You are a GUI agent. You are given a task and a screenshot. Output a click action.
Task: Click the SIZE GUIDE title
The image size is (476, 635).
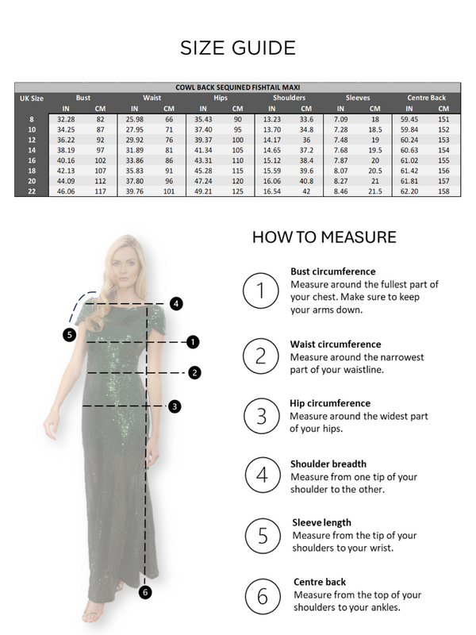pyautogui.click(x=238, y=48)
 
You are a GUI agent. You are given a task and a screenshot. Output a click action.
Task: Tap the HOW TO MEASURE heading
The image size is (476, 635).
pyautogui.click(x=324, y=237)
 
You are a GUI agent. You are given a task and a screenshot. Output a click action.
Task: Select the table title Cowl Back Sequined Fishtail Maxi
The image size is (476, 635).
pyautogui.click(x=238, y=87)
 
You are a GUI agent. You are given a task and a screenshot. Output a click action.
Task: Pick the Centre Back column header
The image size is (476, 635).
pyautogui.click(x=426, y=98)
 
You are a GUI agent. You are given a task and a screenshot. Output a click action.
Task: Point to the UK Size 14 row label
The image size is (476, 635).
pyautogui.click(x=32, y=149)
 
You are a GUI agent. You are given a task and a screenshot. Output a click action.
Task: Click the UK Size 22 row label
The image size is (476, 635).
pyautogui.click(x=32, y=191)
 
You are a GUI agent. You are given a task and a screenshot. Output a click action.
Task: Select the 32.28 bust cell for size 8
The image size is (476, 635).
pyautogui.click(x=67, y=118)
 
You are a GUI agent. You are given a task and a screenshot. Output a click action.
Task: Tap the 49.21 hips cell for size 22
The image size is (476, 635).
pyautogui.click(x=203, y=191)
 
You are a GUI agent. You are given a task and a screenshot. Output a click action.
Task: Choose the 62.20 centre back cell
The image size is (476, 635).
pyautogui.click(x=409, y=191)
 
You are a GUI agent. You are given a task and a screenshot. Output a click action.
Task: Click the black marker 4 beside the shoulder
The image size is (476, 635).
pyautogui.click(x=176, y=302)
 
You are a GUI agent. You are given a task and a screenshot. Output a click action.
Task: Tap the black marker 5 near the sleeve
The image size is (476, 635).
pyautogui.click(x=70, y=335)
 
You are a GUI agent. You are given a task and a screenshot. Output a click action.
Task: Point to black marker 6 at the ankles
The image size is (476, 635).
pyautogui.click(x=144, y=591)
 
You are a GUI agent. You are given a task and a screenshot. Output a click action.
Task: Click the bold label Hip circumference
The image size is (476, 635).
pyautogui.click(x=330, y=403)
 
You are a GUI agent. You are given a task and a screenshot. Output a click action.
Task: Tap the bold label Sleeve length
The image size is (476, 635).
pyautogui.click(x=321, y=522)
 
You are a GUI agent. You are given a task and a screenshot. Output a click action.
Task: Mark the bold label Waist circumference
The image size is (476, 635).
pyautogui.click(x=336, y=344)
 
